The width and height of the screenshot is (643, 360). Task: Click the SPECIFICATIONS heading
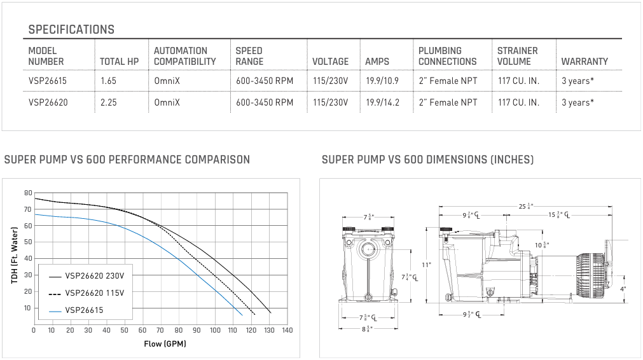click(x=71, y=29)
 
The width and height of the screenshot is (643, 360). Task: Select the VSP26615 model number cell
click(x=48, y=81)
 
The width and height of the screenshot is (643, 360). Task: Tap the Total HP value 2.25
click(x=109, y=102)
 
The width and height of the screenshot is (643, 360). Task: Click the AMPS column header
click(x=377, y=62)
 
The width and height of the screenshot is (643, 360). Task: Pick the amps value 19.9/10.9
click(x=382, y=81)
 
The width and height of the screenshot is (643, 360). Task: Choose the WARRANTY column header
click(x=584, y=62)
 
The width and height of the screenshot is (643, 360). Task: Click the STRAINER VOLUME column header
click(x=518, y=56)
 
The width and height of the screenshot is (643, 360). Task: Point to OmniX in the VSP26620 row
click(x=167, y=102)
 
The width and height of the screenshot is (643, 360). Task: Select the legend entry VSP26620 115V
click(x=86, y=293)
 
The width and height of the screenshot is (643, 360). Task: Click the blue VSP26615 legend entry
click(x=76, y=310)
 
